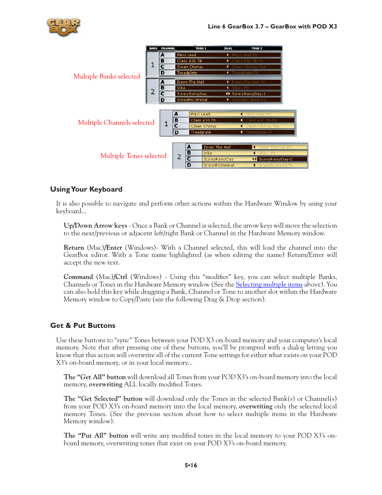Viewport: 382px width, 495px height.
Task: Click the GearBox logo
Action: point(63,27)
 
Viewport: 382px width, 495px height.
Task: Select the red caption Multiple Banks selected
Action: point(107,76)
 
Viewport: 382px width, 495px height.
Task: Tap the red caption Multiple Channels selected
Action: point(116,122)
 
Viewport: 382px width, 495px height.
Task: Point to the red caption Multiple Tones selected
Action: point(133,156)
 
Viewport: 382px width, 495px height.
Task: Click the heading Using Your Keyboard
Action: point(86,189)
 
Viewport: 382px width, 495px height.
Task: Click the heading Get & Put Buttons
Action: point(82,325)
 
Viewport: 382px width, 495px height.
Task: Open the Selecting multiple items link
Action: point(269,285)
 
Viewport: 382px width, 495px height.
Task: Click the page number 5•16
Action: point(191,465)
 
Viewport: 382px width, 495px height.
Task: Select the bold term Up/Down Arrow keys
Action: point(95,226)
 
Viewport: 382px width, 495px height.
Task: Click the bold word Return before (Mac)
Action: point(74,248)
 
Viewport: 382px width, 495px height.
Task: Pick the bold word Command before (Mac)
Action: point(78,277)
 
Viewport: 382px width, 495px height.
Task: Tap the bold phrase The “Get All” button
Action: point(94,377)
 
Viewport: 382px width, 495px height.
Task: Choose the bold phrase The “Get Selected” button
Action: point(103,399)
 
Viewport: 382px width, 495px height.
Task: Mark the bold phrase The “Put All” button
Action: point(96,436)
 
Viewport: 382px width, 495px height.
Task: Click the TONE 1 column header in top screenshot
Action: point(201,48)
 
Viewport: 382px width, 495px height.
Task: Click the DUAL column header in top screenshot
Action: point(228,48)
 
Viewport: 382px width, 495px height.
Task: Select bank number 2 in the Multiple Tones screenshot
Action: point(179,156)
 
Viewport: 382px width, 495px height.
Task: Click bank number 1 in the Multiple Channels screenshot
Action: point(166,124)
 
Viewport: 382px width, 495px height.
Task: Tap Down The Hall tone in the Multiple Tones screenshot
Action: point(217,147)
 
